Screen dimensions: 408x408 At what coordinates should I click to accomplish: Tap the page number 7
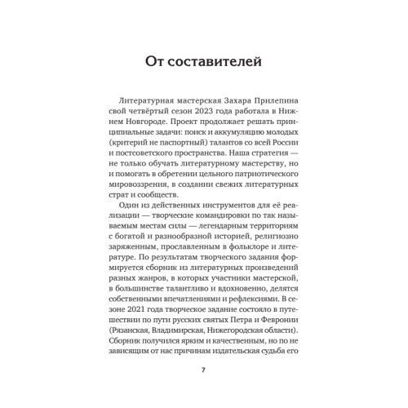pyautogui.click(x=204, y=370)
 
